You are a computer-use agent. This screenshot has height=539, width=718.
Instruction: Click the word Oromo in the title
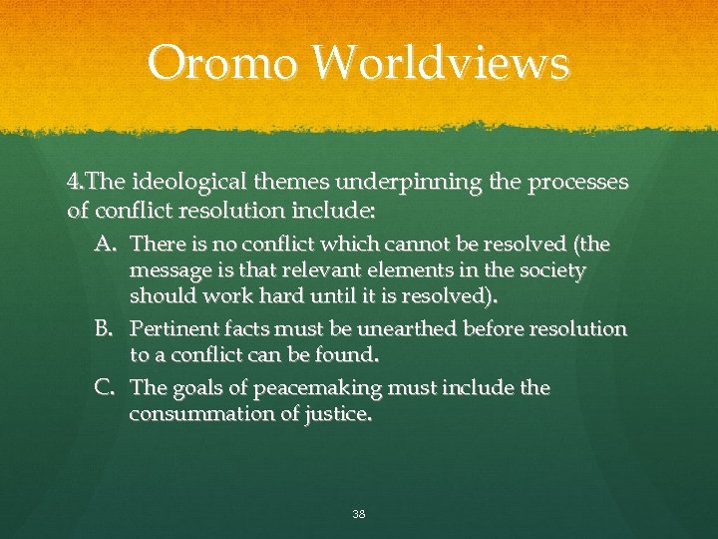(x=221, y=63)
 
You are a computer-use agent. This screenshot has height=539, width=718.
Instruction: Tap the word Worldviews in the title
(x=439, y=63)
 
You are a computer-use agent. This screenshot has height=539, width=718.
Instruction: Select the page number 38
(x=358, y=514)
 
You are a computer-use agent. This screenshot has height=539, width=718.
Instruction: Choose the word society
(x=551, y=270)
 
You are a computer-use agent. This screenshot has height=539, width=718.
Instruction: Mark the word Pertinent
(x=174, y=328)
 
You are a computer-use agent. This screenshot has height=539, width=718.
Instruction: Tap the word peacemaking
(x=301, y=387)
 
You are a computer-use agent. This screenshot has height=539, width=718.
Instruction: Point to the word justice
(x=338, y=414)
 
